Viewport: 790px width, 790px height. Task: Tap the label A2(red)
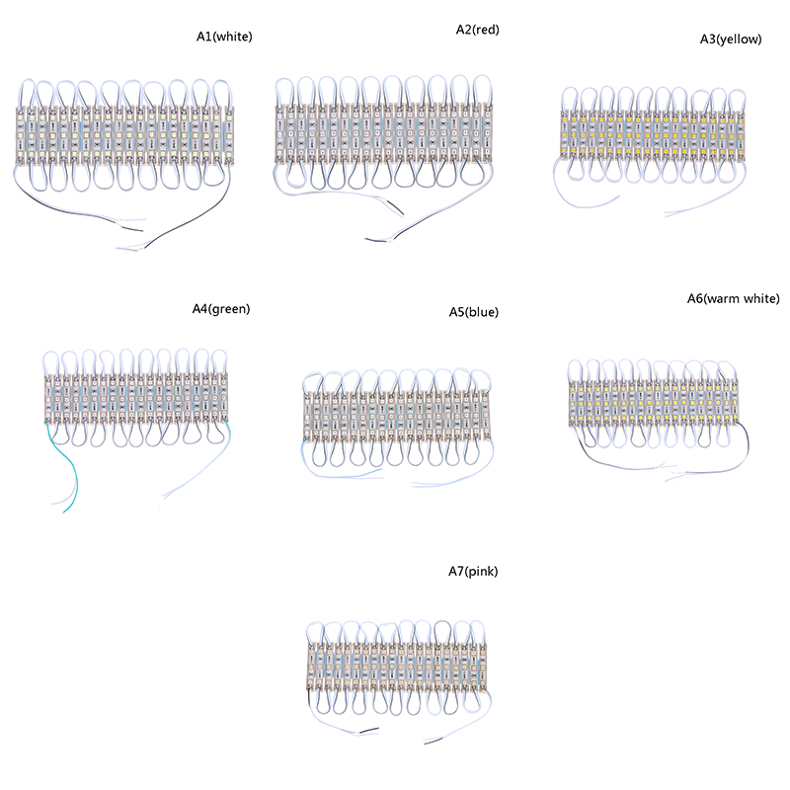point(471,30)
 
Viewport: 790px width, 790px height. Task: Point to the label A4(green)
point(220,308)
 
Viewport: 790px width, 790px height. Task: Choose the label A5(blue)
point(473,312)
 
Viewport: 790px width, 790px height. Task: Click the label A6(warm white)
point(733,298)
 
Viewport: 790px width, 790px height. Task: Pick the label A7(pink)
point(470,571)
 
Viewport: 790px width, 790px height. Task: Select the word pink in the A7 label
point(483,571)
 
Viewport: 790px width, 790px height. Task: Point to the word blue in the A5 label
point(483,312)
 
